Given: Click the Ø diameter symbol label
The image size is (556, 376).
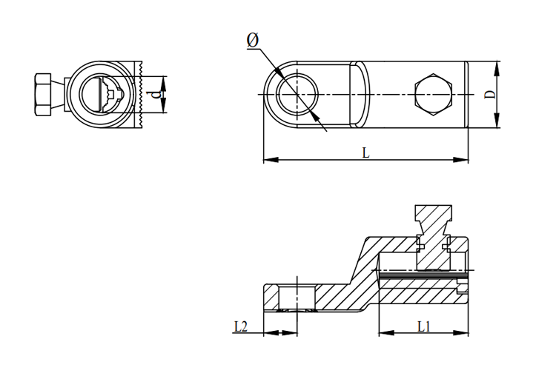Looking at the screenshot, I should [x=253, y=42].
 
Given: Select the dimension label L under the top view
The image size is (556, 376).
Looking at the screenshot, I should [x=365, y=152].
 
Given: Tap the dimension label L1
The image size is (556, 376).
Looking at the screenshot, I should [x=423, y=325].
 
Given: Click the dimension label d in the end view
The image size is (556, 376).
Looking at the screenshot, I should [x=155, y=94].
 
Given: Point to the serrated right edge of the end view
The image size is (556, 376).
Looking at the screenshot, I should [x=139, y=94].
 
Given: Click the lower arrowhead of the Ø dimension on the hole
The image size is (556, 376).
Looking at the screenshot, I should [x=317, y=116].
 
